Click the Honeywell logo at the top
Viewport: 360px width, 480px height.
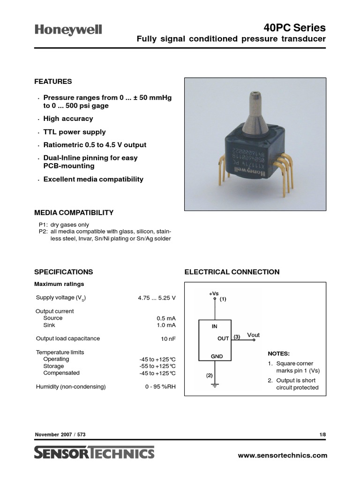[x=68, y=30]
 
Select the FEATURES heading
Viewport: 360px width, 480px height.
[x=53, y=82]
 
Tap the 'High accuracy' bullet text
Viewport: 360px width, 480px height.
[x=68, y=119]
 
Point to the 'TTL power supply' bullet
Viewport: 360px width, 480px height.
[x=75, y=132]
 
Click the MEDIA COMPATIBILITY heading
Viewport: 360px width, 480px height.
[x=74, y=212]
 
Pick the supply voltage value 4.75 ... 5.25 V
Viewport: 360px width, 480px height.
[x=157, y=298]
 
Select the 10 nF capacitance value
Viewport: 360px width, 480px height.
[x=168, y=338]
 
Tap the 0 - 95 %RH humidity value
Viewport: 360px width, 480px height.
[x=160, y=387]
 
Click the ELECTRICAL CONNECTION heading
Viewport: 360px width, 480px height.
[x=232, y=272]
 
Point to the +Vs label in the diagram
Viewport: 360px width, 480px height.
[x=214, y=293]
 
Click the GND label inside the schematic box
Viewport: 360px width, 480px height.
[x=217, y=356]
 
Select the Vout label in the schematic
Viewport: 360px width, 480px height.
[x=253, y=335]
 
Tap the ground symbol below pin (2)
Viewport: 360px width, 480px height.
[x=215, y=385]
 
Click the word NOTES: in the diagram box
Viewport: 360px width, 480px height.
[x=278, y=353]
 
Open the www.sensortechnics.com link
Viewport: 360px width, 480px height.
[x=283, y=455]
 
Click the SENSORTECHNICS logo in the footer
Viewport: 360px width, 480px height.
[x=94, y=453]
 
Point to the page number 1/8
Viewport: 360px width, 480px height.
[x=322, y=435]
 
